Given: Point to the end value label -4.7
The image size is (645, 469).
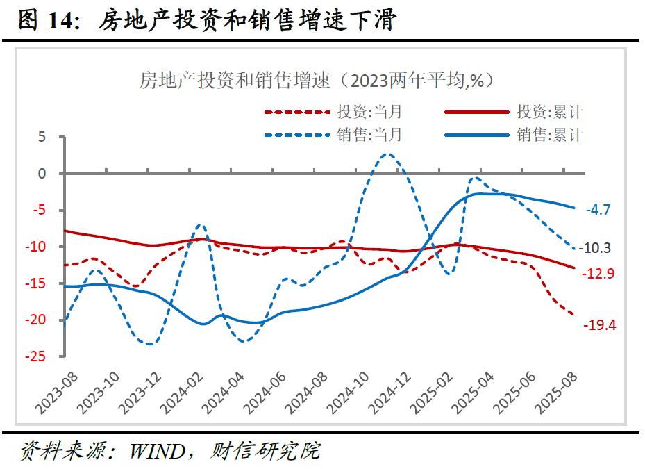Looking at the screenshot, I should (x=598, y=209).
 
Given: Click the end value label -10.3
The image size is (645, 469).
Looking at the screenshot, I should (x=601, y=248).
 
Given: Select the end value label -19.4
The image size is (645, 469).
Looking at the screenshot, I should (x=601, y=324).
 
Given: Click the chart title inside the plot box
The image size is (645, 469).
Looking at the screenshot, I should (x=316, y=81).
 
